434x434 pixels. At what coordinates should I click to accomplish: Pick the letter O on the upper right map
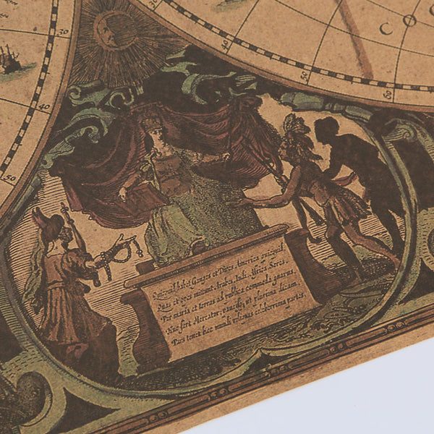pos(409,21)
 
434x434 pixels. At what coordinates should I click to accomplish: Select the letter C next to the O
pos(386,29)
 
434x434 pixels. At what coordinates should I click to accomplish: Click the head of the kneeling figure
pos(42,220)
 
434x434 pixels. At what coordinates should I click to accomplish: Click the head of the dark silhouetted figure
pos(328,129)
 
